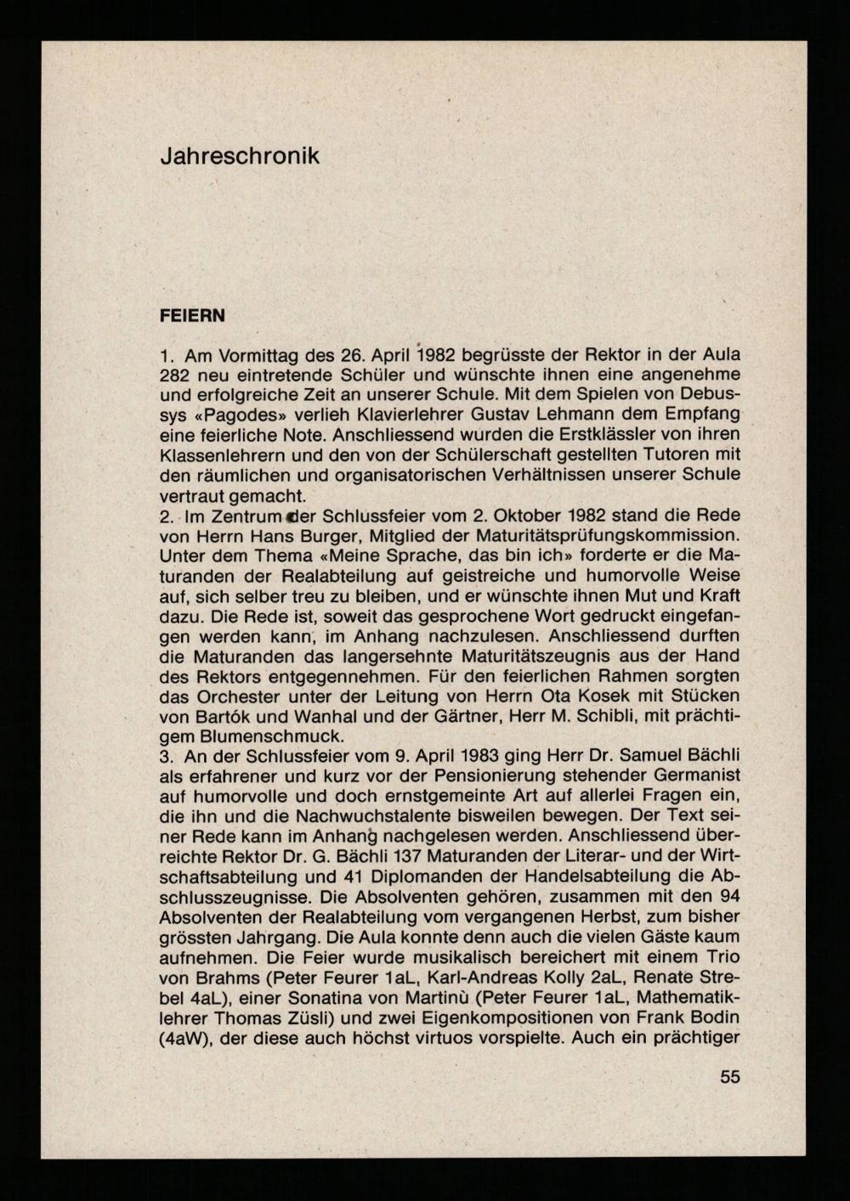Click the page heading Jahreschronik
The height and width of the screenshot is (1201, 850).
[x=240, y=156]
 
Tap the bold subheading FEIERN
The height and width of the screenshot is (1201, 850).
[x=192, y=316]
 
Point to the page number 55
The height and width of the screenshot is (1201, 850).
[x=730, y=1077]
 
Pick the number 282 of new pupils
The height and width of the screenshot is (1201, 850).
[x=175, y=375]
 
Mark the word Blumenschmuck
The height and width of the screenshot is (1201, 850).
[x=270, y=736]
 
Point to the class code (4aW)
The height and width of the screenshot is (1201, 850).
[x=185, y=1038]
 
